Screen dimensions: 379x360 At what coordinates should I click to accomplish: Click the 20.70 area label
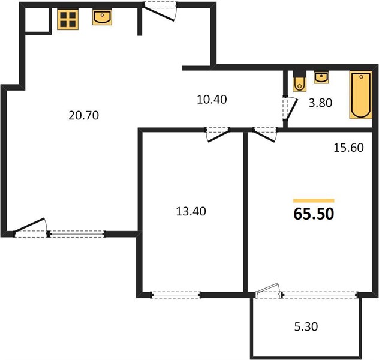point(83,115)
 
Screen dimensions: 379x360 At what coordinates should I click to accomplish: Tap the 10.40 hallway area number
point(212,100)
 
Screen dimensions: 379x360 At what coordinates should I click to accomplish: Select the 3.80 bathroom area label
point(320,103)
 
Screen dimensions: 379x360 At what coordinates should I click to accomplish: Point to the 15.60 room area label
point(348,148)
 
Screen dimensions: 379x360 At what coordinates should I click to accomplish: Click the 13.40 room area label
point(191,211)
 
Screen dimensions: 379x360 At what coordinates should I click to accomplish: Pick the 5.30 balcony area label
point(306,326)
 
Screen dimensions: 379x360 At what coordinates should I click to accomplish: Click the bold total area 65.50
point(314,214)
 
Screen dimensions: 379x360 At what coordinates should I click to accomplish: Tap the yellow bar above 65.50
point(314,200)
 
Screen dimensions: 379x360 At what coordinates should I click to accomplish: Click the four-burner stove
point(68,20)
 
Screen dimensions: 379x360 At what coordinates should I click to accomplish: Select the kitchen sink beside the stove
point(102,17)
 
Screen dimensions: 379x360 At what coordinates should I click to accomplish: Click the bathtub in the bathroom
point(360,95)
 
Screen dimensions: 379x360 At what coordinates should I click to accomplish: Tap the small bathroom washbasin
point(321,78)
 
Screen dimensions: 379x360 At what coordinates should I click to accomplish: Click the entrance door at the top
point(160,11)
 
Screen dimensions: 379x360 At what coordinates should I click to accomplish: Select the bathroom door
point(290,109)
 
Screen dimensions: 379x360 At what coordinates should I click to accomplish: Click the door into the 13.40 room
point(217,134)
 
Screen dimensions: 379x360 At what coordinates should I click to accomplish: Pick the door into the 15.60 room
point(264,134)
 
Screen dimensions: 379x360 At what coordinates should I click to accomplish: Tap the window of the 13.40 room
point(176,295)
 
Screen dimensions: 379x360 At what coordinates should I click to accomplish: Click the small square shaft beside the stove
point(37,20)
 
